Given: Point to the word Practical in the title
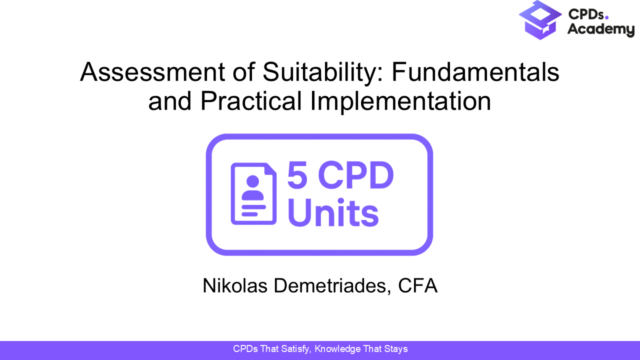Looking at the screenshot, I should pyautogui.click(x=251, y=101).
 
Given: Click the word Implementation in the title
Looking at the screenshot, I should pyautogui.click(x=400, y=101).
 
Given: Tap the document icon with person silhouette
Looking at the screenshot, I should pyautogui.click(x=253, y=193).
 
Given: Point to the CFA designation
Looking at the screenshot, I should pyautogui.click(x=418, y=286).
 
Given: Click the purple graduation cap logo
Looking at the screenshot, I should pyautogui.click(x=541, y=20).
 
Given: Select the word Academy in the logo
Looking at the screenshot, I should pyautogui.click(x=600, y=30).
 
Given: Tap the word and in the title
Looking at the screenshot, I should pyautogui.click(x=170, y=101).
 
